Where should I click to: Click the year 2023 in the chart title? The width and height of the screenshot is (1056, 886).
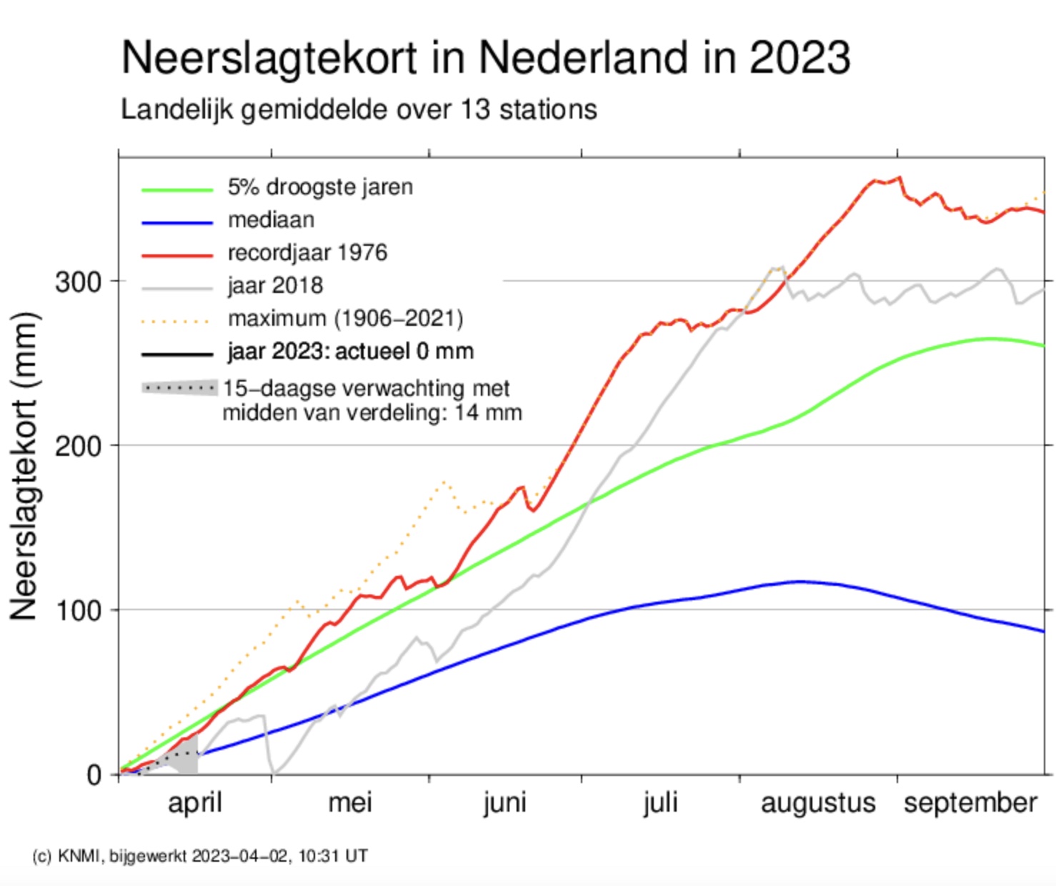(800, 56)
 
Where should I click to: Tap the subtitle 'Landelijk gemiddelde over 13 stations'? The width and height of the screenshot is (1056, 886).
(359, 109)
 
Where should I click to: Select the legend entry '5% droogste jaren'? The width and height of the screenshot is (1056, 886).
(319, 187)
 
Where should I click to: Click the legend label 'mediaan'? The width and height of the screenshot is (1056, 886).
(271, 220)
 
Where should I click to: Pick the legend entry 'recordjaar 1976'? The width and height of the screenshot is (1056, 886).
(307, 253)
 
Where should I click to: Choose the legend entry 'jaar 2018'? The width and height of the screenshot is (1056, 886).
(275, 286)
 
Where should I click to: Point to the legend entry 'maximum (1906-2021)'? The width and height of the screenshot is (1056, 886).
(345, 318)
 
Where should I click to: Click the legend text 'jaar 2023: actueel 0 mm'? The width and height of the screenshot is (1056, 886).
(350, 352)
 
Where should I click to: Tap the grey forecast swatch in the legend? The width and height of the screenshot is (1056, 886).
(179, 388)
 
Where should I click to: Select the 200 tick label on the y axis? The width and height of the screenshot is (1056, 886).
(79, 447)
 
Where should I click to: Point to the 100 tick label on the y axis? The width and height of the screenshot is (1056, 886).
(79, 611)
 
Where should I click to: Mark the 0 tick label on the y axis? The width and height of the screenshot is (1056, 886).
(94, 775)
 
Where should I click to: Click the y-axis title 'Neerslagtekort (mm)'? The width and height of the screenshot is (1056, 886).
(24, 466)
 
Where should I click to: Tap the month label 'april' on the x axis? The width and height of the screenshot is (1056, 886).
(195, 803)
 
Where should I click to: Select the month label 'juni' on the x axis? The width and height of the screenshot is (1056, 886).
(504, 803)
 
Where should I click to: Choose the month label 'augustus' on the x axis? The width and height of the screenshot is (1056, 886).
(818, 803)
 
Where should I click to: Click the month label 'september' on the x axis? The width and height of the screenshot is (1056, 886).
(970, 803)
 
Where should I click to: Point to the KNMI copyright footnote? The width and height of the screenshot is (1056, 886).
(200, 856)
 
